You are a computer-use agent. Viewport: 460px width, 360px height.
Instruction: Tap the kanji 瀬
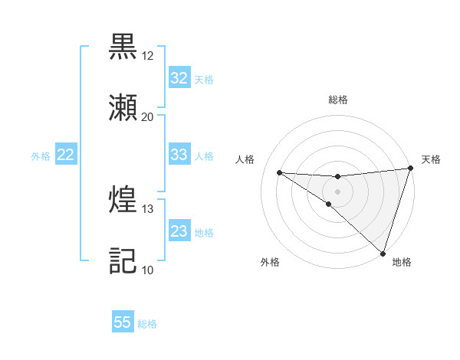click(123, 108)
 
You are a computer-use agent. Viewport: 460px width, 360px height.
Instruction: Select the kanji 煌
click(123, 200)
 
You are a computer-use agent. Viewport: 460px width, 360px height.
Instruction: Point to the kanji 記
click(123, 261)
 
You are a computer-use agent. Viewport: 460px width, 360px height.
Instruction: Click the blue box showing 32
click(179, 78)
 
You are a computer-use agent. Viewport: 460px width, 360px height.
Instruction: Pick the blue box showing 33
click(179, 155)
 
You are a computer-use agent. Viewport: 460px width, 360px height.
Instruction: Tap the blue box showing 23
click(179, 231)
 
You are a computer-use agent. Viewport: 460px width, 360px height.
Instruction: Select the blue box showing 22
click(66, 155)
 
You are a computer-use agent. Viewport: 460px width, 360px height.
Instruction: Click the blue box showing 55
click(123, 322)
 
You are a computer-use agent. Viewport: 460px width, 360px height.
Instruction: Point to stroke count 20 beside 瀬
click(147, 117)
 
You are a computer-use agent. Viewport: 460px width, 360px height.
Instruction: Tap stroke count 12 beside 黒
click(147, 56)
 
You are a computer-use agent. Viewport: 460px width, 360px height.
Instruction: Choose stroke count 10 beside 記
click(147, 270)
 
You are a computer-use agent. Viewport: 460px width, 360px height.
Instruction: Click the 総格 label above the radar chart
click(338, 100)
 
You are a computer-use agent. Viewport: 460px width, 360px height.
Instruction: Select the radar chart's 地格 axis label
click(402, 262)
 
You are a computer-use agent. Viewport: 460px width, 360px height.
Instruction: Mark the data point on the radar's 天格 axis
click(410, 169)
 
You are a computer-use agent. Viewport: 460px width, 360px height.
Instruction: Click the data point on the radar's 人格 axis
click(280, 172)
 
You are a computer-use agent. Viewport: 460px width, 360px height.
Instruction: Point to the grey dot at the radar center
click(337, 191)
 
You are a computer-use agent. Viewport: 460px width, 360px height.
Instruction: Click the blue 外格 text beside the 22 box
click(41, 155)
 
